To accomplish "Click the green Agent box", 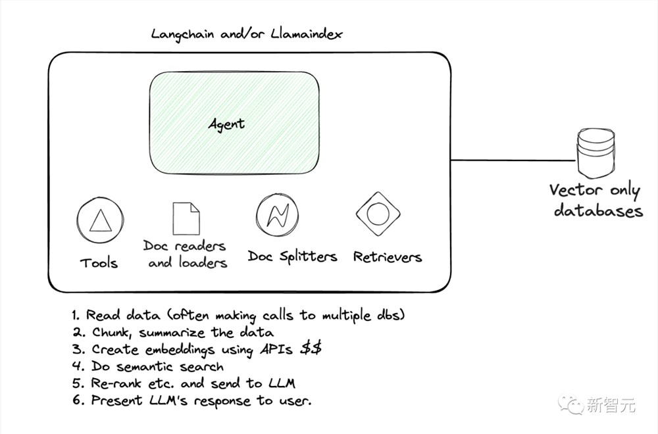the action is coord(234,123).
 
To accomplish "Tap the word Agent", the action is coord(226,124).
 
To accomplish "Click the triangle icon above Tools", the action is coord(100,220).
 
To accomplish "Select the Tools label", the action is coord(99,263).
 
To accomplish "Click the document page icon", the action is coord(186,218).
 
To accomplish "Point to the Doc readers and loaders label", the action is coord(185,254).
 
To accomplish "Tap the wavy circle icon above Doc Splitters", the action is coord(278,215).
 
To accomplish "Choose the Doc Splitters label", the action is coord(292,256).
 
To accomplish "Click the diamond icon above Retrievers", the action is coord(378,214).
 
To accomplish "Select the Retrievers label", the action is coord(388,256).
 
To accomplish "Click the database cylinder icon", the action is coord(596,153).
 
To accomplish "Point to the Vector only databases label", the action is coord(596,200).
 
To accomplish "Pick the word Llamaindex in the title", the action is coord(307,34).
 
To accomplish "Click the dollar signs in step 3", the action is coord(311,348).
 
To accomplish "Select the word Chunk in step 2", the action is coord(111,333).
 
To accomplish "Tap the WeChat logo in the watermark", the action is coord(570,404).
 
